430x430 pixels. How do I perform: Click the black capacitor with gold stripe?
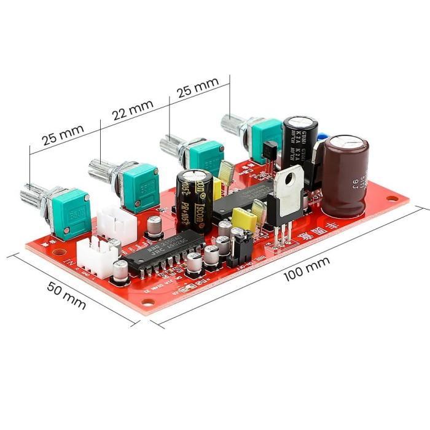(194, 199)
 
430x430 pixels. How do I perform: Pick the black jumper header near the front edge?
(241, 248)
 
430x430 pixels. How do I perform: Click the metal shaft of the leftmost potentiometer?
(32, 196)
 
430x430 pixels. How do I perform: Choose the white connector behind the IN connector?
(116, 221)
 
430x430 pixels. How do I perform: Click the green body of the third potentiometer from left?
(206, 156)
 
